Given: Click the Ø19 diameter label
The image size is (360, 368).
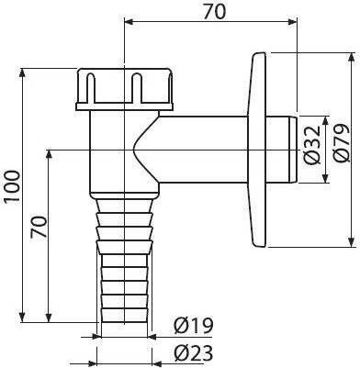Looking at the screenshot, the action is point(193,326).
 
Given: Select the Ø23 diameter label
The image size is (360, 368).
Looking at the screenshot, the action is point(193,353).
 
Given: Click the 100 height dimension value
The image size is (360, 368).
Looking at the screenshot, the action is point(13,186).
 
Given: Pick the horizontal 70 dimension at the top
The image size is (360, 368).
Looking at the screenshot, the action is point(214,12).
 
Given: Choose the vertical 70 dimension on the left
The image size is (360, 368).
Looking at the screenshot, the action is point(39,227).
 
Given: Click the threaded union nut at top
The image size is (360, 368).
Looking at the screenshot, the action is point(124,86).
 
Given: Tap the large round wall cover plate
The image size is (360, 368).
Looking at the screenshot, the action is point(259,150).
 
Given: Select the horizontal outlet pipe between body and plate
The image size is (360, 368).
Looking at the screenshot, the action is point(203,150).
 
